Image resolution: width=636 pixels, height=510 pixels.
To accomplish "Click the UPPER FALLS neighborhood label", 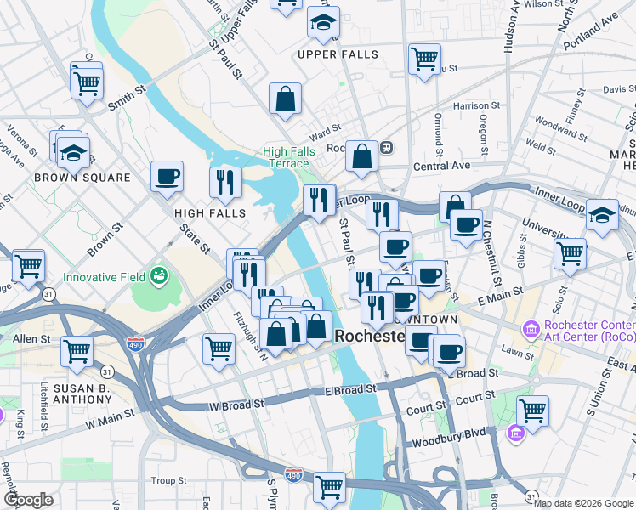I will [x=338, y=54].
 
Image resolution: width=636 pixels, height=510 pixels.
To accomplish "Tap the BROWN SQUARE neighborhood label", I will [x=82, y=178].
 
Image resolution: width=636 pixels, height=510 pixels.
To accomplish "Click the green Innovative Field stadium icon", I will [x=157, y=275].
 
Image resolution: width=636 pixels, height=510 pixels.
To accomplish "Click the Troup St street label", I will [x=169, y=481].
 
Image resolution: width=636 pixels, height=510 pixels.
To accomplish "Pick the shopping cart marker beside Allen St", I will [x=77, y=349].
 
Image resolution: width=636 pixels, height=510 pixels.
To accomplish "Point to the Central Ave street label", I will [x=442, y=165].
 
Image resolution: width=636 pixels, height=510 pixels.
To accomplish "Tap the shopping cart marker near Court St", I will [x=532, y=411].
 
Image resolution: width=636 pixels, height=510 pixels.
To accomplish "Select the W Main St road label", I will [x=110, y=417].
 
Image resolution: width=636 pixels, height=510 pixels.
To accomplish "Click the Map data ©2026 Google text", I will [x=583, y=503].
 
